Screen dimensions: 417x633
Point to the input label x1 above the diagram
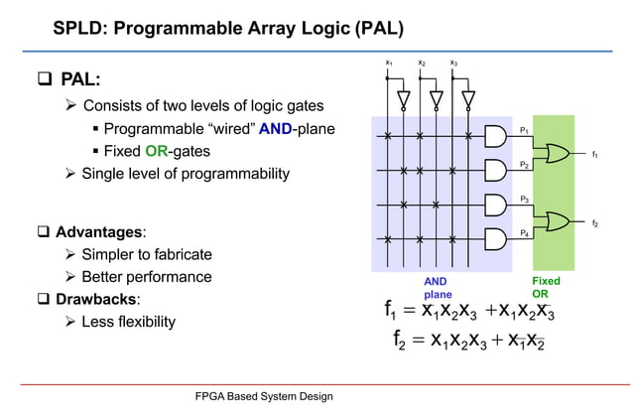click(x=389, y=64)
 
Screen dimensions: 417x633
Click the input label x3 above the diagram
click(x=453, y=64)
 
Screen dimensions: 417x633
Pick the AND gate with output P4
click(x=494, y=239)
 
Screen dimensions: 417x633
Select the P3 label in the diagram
click(x=524, y=200)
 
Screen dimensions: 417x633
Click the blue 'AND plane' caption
click(x=437, y=288)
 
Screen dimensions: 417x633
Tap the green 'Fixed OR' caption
click(x=545, y=288)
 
